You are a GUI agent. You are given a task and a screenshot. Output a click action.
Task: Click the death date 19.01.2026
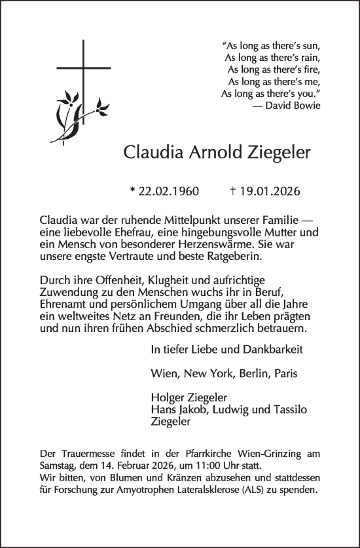point(269,192)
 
